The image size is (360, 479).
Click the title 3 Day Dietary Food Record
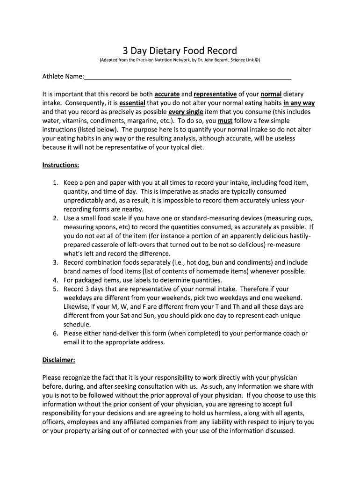[x=180, y=51]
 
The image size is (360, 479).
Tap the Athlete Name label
[x=63, y=76]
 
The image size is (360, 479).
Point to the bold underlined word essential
[x=132, y=103]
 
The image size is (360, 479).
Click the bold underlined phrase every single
[x=186, y=112]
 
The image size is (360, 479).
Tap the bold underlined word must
[x=225, y=121]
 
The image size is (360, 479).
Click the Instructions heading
[x=61, y=165]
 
